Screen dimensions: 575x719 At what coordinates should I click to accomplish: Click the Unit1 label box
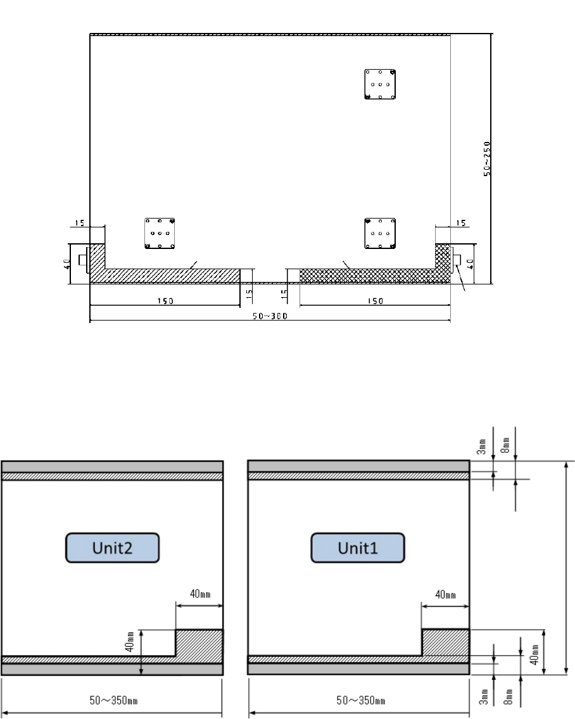pos(358,547)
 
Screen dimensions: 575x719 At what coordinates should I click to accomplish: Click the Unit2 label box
pos(112,547)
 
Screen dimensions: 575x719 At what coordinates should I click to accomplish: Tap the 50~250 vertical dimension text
pos(487,158)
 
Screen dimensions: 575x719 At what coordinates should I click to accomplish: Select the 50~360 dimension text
pos(270,316)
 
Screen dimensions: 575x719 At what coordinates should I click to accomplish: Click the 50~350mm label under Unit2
pos(113,700)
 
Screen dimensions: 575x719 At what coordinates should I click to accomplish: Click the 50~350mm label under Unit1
pos(361,700)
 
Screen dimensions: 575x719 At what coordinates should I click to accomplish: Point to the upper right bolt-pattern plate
pos(380,84)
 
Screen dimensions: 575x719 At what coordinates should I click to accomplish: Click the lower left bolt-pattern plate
pos(160,233)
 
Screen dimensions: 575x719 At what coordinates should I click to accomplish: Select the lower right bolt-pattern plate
pos(380,233)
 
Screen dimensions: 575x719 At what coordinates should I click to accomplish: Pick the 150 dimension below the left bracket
pos(165,302)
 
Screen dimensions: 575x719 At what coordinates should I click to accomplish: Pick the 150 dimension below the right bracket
pos(375,302)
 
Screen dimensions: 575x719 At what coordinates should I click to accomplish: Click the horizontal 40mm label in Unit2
pos(200,594)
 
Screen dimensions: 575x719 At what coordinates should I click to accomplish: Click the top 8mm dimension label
pos(505,445)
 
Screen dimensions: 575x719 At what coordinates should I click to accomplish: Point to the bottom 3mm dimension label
pos(483,696)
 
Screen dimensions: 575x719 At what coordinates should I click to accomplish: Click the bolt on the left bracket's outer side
pos(84,260)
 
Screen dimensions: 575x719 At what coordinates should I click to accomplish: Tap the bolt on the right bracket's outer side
pos(457,260)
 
